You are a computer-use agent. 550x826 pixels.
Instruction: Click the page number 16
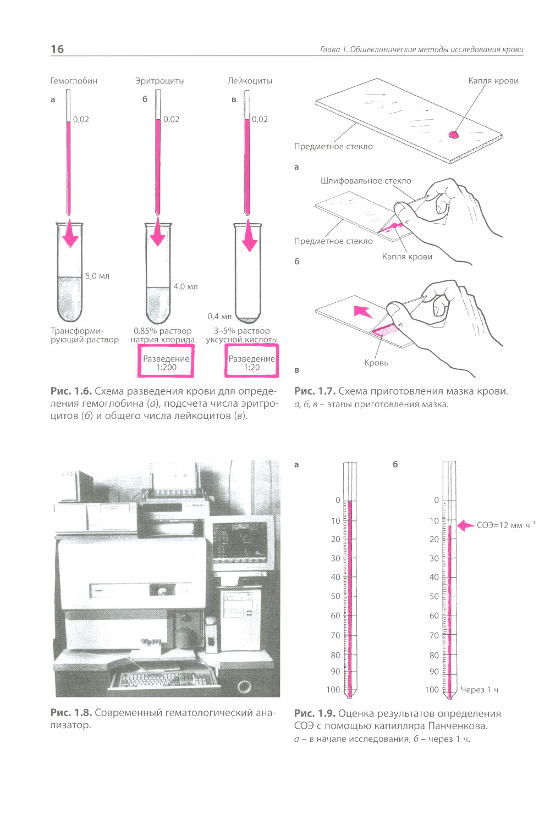[x=57, y=49]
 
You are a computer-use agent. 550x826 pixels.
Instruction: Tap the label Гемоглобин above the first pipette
[x=74, y=81]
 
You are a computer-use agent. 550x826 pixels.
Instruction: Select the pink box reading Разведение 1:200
[x=166, y=361]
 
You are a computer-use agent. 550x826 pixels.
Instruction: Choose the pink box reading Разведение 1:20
[x=251, y=361]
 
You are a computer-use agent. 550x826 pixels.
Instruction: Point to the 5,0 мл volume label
[x=97, y=276]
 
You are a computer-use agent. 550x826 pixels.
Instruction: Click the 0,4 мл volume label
[x=219, y=317]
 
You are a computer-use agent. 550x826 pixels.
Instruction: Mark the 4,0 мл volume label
[x=186, y=286]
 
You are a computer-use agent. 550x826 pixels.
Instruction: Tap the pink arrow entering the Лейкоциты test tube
[x=249, y=235]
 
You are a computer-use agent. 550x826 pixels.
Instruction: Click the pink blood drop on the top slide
[x=453, y=135]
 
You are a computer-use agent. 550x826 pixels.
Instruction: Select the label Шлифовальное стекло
[x=365, y=181]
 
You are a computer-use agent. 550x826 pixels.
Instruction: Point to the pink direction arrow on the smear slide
[x=363, y=311]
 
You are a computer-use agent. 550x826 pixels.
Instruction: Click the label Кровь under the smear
[x=376, y=363]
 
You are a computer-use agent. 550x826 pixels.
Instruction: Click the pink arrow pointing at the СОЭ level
[x=466, y=525]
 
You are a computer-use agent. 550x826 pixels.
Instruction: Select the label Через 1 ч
[x=480, y=690]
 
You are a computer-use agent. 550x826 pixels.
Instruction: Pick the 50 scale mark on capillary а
[x=335, y=596]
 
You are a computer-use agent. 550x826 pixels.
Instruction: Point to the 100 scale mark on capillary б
[x=432, y=690]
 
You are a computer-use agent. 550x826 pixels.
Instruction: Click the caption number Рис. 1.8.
[x=71, y=713]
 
